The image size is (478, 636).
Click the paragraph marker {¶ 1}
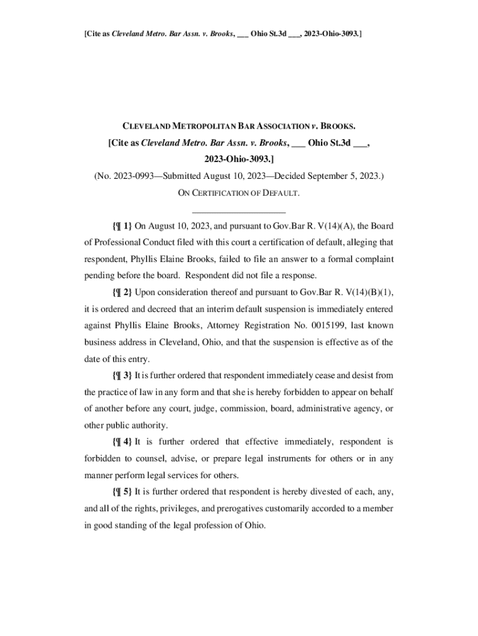point(122,225)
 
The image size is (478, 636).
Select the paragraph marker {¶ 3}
point(122,376)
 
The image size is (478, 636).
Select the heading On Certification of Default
point(239,193)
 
